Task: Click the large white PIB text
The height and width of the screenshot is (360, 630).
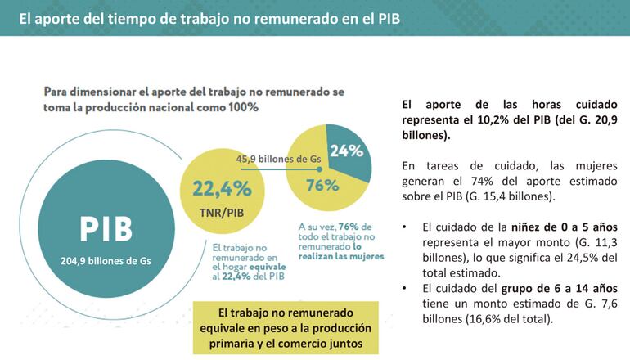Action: (x=106, y=230)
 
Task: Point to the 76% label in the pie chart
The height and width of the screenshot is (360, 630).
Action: (x=322, y=185)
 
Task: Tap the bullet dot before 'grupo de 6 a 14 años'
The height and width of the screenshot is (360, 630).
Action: (x=406, y=289)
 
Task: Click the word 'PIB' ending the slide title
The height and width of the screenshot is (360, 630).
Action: (x=388, y=16)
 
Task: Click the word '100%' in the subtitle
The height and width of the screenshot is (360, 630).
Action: (x=239, y=107)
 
